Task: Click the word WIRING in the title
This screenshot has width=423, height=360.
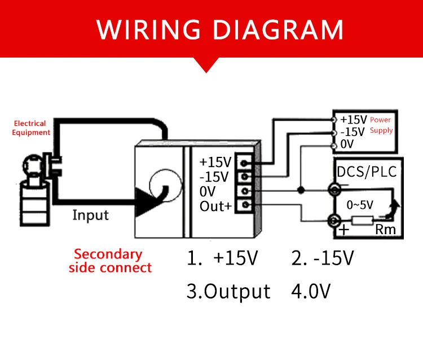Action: coord(148,30)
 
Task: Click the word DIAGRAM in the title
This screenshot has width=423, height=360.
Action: coord(278,30)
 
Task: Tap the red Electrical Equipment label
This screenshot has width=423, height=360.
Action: coord(31,128)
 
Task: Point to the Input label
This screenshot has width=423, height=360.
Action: coord(91,216)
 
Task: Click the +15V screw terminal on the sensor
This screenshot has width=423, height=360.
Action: coord(244,163)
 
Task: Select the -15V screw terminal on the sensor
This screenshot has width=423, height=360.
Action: coord(244,177)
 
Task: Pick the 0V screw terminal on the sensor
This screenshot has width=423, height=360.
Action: coord(244,191)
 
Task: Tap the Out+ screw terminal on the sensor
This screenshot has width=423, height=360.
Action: coord(245,205)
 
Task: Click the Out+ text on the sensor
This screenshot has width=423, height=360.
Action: coord(215,206)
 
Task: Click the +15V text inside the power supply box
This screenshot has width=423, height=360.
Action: coord(354,120)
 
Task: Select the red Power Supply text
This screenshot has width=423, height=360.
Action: coord(381,125)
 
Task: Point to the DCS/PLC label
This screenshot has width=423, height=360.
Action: coord(367,172)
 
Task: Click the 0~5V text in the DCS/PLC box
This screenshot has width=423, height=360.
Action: coord(360,205)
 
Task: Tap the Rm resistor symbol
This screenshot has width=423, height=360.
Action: coord(363,221)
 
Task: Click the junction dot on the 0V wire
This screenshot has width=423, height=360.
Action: coord(301,190)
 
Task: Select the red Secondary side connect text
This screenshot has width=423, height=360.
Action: coord(110,261)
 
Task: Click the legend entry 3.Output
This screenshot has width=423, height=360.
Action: coord(228,292)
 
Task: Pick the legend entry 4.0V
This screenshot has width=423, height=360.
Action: coord(311,292)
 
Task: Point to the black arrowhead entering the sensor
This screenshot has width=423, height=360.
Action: coord(146,201)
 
